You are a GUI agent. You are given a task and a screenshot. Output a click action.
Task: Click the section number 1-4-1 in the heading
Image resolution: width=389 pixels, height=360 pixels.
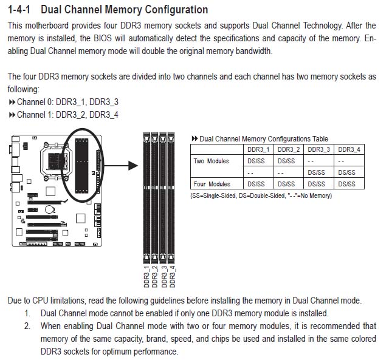(19, 10)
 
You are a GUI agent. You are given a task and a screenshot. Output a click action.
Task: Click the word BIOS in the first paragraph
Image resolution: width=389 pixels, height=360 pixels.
(103, 38)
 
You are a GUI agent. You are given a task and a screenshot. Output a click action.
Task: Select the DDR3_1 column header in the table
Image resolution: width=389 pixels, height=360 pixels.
(258, 149)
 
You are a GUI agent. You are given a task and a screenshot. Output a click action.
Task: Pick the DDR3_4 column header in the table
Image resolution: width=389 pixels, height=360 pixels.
(349, 149)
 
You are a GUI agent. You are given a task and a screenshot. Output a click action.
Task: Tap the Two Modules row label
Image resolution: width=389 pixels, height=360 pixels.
(211, 161)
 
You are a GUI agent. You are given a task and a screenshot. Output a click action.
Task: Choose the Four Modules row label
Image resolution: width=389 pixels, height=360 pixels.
(212, 184)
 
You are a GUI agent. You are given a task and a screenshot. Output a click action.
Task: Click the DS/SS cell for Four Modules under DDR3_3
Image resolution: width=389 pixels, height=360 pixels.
(316, 184)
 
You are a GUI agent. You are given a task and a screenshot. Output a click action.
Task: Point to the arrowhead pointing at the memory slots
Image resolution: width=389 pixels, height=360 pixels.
(133, 166)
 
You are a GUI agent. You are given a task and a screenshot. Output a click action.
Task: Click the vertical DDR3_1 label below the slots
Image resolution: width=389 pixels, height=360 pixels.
(146, 277)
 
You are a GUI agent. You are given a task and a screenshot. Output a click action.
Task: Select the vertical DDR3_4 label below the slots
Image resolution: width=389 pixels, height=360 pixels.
(172, 277)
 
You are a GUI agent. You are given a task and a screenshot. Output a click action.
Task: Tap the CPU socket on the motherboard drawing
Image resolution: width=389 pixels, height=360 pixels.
(56, 161)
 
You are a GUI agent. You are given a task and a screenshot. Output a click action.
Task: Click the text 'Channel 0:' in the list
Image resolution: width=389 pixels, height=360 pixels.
(35, 102)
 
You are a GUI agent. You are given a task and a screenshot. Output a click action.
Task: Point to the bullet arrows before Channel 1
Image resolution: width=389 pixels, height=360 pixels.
(12, 115)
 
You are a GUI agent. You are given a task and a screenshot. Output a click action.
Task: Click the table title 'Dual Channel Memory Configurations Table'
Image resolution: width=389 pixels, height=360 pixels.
(264, 139)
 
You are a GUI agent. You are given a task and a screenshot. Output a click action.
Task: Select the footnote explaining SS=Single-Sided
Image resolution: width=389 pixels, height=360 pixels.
(261, 195)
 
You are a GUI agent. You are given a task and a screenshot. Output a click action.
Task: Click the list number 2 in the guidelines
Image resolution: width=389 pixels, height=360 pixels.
(27, 326)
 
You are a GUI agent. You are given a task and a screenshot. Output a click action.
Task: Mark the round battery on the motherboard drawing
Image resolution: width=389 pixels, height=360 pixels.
(50, 209)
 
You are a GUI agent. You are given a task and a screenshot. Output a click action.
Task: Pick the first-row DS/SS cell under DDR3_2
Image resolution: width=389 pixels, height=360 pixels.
(286, 161)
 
